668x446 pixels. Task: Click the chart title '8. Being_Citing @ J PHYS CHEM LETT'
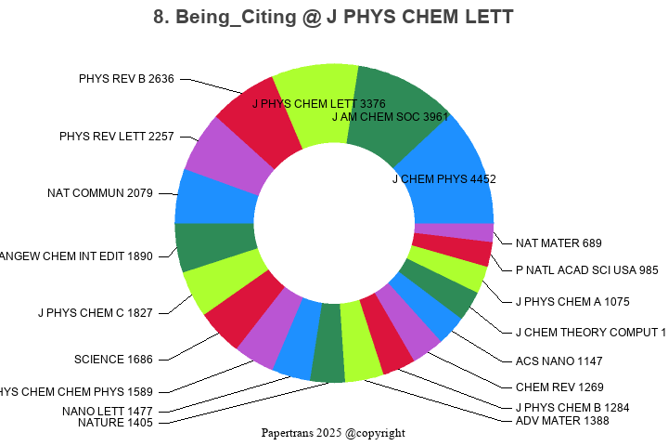click(333, 18)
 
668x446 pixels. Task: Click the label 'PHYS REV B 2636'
click(126, 79)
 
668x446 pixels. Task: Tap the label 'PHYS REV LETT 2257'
click(116, 137)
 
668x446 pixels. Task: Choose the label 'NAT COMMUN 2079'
click(99, 193)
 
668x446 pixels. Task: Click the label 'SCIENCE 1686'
click(113, 359)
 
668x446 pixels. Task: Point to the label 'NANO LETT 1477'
click(107, 411)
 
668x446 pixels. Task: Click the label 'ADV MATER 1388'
click(562, 421)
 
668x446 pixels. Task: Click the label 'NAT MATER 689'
click(559, 243)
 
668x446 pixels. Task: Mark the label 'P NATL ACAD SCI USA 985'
click(586, 270)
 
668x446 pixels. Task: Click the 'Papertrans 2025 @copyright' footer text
click(333, 433)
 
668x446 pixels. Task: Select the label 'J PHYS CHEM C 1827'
click(95, 312)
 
